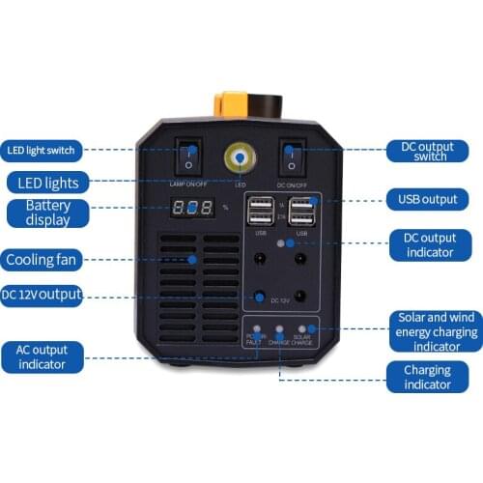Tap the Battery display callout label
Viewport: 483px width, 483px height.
point(48,213)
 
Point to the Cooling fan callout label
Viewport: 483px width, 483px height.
point(41,260)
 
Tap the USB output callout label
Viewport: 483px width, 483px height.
point(427,200)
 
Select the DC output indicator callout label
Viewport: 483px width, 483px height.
point(429,243)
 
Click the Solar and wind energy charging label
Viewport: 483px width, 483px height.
point(437,331)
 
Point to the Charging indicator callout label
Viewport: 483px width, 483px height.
point(427,377)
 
